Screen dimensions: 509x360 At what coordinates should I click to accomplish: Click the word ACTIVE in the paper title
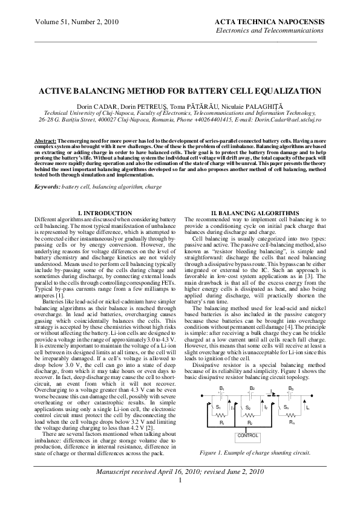pyautogui.click(x=55, y=91)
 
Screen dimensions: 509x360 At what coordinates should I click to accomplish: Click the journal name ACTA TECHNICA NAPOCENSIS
pyautogui.click(x=269, y=21)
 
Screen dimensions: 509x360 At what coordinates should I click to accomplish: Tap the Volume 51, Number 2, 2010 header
pyautogui.click(x=67, y=21)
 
